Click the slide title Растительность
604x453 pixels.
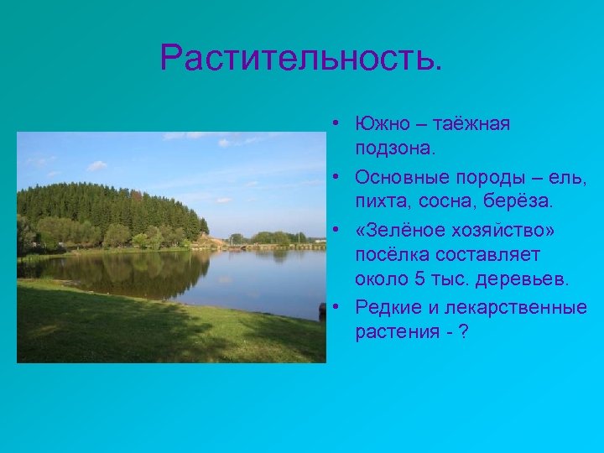click(299, 59)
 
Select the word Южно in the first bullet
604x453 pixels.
click(381, 123)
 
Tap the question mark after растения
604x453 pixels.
click(463, 333)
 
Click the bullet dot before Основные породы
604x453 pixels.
click(335, 176)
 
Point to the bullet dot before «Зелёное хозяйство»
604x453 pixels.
click(335, 229)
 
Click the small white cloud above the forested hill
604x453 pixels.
click(97, 165)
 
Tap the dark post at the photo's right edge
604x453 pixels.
click(322, 311)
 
